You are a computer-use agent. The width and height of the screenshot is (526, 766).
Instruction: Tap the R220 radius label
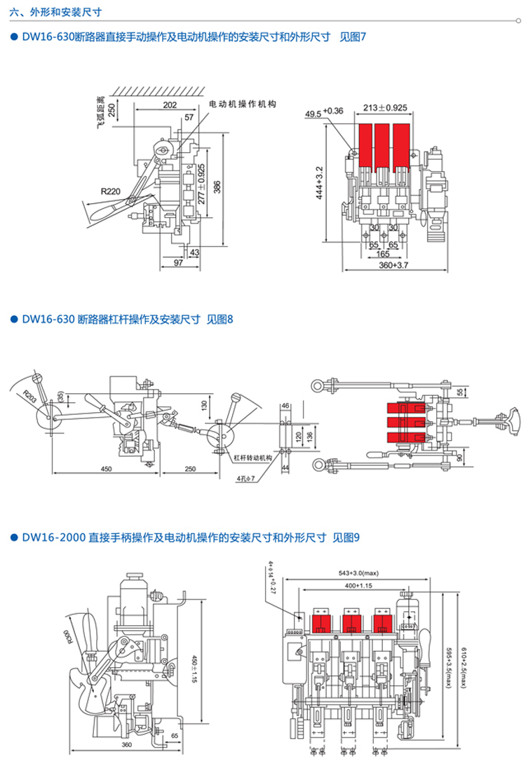click(110, 190)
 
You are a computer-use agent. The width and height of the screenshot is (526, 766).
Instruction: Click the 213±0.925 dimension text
click(385, 108)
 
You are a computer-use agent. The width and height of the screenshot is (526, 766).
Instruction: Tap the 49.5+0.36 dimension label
click(324, 111)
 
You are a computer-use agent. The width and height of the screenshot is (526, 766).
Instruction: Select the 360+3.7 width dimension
click(393, 266)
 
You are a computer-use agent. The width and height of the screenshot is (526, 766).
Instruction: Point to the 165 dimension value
click(383, 254)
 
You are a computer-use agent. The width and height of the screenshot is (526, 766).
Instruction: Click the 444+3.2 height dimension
click(320, 184)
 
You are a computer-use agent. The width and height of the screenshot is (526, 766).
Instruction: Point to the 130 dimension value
click(203, 405)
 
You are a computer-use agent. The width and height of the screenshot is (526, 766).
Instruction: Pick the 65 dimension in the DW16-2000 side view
click(175, 735)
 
